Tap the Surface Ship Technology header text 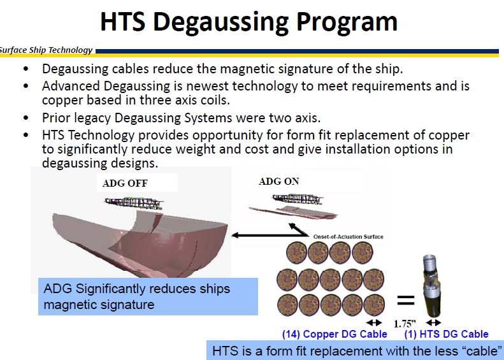pyautogui.click(x=46, y=50)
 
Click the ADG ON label pyautogui.click(x=278, y=182)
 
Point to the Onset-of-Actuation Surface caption pyautogui.click(x=349, y=237)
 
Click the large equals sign pyautogui.click(x=405, y=299)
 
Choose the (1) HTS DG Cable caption pyautogui.click(x=447, y=334)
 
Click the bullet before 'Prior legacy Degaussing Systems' pyautogui.click(x=25, y=118)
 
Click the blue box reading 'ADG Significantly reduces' pyautogui.click(x=147, y=296)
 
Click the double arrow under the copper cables pyautogui.click(x=374, y=322)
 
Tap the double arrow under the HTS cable pyautogui.click(x=434, y=322)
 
